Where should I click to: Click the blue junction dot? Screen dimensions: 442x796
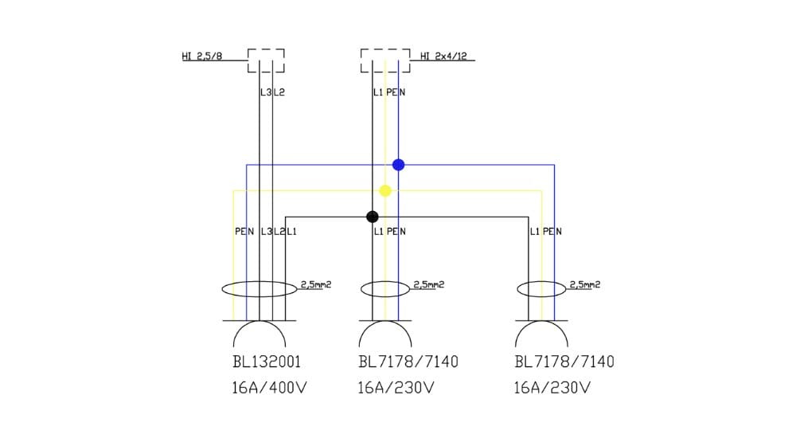point(399,165)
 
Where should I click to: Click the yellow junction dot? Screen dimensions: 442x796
point(385,191)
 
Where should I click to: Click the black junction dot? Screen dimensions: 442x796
point(372,217)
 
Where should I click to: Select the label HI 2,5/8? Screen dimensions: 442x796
point(202,56)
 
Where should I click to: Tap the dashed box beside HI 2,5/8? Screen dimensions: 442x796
point(266,61)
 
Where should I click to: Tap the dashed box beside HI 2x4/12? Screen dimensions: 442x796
point(385,61)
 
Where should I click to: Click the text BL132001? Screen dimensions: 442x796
point(267,362)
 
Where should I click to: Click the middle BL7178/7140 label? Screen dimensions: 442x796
point(408,362)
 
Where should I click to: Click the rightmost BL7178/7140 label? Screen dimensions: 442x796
point(564,362)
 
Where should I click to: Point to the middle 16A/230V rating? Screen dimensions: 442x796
point(396,388)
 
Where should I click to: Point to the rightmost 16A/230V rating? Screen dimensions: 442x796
point(552,388)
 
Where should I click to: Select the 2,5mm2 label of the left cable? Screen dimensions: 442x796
point(315,284)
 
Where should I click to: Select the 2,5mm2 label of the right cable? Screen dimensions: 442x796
point(584,284)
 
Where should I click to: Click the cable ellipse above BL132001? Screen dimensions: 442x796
point(259,289)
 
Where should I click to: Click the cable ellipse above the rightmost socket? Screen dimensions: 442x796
point(541,289)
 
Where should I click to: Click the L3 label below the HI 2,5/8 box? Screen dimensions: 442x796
point(265,92)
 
